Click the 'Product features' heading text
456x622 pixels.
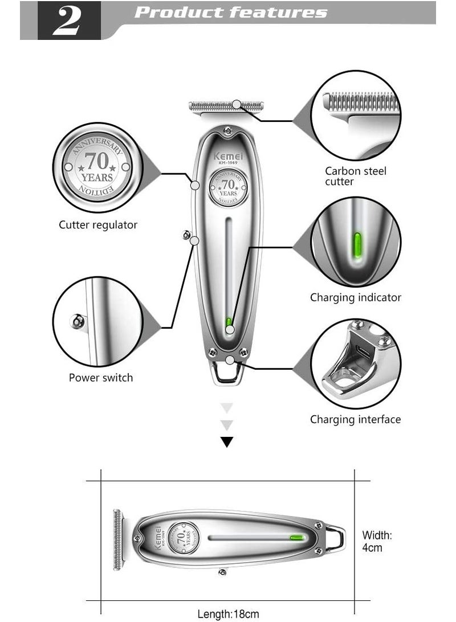(x=231, y=13)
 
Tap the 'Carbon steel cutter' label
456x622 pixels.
(x=356, y=176)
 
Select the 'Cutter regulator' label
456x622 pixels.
(x=98, y=225)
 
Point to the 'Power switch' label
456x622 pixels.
(x=101, y=378)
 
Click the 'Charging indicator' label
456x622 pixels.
(x=356, y=297)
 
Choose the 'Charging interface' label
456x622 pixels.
(x=356, y=420)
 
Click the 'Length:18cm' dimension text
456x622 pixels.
(x=228, y=614)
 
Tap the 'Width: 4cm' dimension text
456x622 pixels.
(x=377, y=541)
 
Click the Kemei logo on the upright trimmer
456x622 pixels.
(x=228, y=155)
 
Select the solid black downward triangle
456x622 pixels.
(x=227, y=441)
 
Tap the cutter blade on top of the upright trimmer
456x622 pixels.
(x=226, y=106)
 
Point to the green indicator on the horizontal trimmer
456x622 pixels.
(x=296, y=537)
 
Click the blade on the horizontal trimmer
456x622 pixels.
(x=118, y=539)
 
